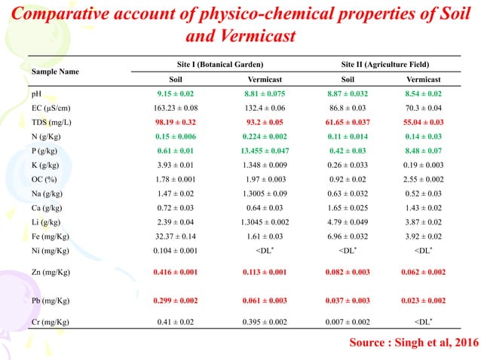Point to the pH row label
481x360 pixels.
(x=37, y=94)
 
